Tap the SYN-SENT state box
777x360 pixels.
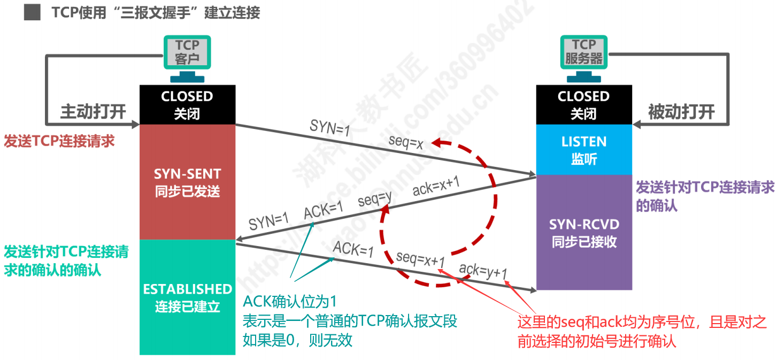(x=187, y=182)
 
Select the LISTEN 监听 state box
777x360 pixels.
(x=583, y=150)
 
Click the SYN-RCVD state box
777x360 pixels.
(x=583, y=232)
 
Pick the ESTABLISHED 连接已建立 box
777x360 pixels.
(x=187, y=297)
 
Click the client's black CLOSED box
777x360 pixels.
(x=187, y=104)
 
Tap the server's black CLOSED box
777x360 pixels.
(x=583, y=104)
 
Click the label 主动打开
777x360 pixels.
(x=93, y=112)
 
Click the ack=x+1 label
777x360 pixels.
(x=436, y=187)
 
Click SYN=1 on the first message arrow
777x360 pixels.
(x=329, y=128)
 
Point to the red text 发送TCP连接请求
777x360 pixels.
(x=59, y=141)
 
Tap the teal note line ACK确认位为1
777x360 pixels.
(x=289, y=302)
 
